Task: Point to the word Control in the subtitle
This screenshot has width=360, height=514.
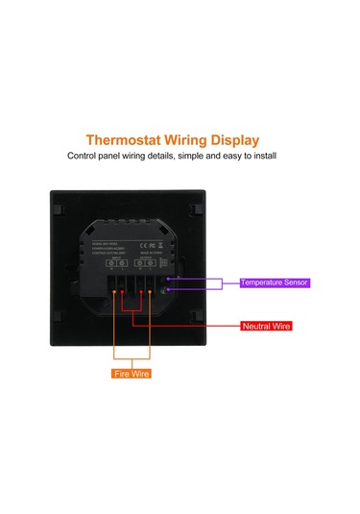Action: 84,156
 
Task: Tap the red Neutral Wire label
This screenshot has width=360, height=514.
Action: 266,327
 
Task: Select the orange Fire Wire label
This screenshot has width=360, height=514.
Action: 131,373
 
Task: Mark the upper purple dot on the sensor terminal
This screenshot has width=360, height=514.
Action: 168,280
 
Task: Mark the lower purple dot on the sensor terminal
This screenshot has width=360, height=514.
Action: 168,289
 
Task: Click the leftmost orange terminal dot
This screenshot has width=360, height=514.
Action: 115,292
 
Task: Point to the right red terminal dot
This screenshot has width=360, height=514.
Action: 140,292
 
